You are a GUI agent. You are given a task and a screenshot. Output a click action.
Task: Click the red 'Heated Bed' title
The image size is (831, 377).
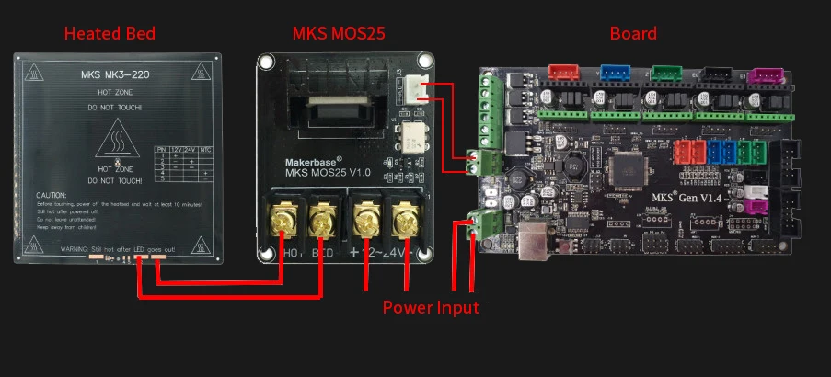point(110,34)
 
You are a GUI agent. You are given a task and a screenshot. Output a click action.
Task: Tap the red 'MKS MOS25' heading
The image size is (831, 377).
point(338,34)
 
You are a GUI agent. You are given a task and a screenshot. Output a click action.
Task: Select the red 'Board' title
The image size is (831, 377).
point(633,34)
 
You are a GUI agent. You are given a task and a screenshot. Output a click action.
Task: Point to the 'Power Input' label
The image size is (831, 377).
point(431,307)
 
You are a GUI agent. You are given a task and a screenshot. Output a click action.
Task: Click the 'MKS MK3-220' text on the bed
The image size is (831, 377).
point(120,73)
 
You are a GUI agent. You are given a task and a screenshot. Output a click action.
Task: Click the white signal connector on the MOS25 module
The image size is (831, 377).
point(411,89)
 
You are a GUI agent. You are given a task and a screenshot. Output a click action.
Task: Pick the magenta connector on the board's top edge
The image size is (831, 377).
point(762,75)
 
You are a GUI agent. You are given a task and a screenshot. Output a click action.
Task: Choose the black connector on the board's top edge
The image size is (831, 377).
point(713,74)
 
